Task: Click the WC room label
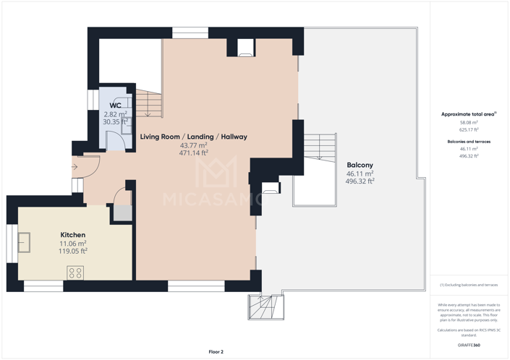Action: (x=115, y=106)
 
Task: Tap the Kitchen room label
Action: (x=73, y=235)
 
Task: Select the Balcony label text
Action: (x=360, y=166)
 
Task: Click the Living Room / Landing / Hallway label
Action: (x=194, y=137)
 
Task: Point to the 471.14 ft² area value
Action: (x=194, y=153)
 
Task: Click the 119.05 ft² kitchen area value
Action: (x=73, y=252)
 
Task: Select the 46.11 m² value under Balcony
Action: (x=360, y=174)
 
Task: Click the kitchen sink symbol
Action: (x=25, y=242)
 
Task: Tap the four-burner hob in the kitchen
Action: (x=75, y=273)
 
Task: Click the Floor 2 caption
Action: (x=216, y=352)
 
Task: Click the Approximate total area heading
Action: (x=469, y=114)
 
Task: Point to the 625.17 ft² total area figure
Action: (x=469, y=130)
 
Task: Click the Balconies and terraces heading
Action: (x=469, y=142)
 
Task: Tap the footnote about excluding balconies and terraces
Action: (x=469, y=285)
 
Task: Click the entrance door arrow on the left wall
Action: (x=75, y=167)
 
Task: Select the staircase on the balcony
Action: (x=316, y=147)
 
